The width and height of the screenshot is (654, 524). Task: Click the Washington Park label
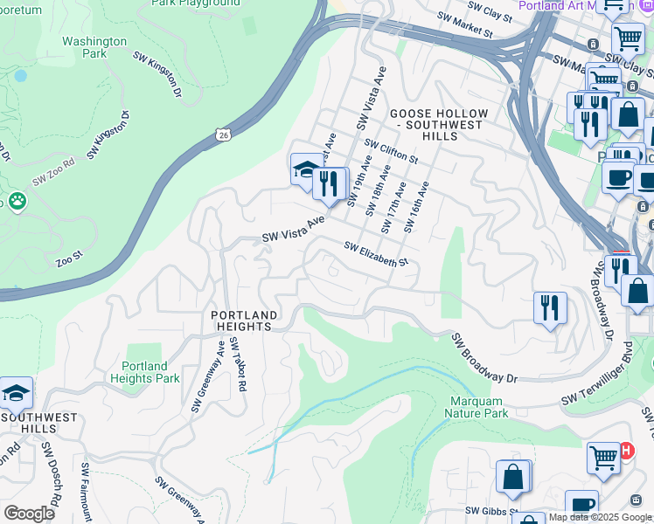(94, 47)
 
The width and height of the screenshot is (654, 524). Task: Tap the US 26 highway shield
(224, 134)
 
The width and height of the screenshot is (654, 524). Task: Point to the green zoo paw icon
(17, 202)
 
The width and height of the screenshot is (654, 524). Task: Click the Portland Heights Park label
(145, 372)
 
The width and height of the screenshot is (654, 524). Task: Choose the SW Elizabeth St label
(376, 255)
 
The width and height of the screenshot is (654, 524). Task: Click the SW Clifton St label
(392, 152)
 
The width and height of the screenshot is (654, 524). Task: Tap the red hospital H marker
(626, 451)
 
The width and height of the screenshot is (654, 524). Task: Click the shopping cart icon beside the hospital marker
(603, 457)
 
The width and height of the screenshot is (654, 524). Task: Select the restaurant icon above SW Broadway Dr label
(550, 307)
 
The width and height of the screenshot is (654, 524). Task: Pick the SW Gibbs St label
(491, 511)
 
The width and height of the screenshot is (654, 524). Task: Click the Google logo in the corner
(30, 514)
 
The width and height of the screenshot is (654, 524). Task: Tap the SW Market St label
(468, 31)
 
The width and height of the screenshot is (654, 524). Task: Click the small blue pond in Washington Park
(19, 76)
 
